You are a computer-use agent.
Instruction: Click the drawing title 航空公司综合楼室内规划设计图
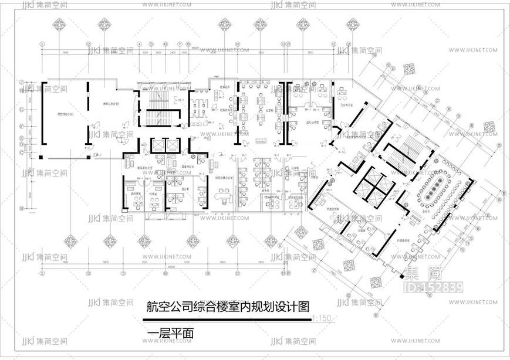228,307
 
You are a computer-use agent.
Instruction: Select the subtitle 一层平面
171,334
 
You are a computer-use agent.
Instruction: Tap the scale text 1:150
322,319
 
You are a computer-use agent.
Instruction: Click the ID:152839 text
434,287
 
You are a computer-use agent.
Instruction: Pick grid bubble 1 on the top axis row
42,44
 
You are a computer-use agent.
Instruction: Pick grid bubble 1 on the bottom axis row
42,273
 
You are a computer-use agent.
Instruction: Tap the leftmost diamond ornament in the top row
60,24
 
